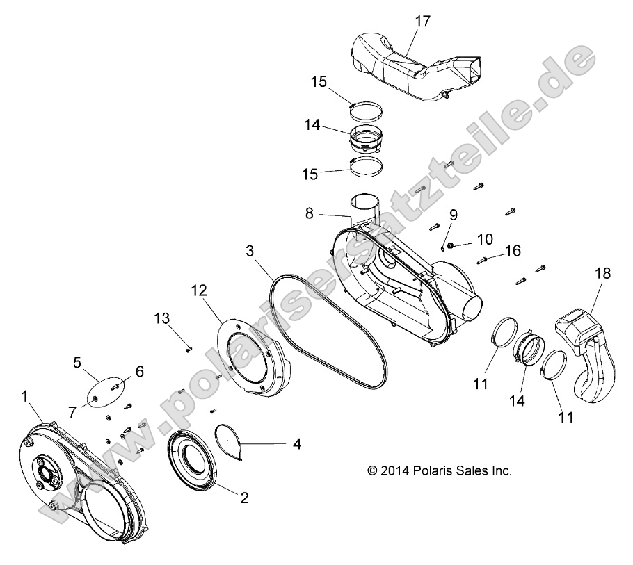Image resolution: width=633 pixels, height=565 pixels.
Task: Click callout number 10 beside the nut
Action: [484, 240]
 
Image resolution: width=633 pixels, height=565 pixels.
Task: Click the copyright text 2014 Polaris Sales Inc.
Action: [440, 470]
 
